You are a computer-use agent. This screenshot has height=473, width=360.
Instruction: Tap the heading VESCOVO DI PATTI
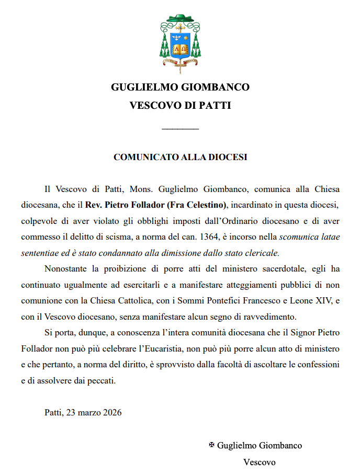pos(180,105)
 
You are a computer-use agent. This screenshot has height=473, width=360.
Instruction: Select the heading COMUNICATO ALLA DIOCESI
pos(180,157)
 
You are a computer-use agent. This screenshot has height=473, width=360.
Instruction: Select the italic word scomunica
pos(297,236)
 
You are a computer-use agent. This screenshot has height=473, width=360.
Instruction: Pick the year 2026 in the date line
pos(111,412)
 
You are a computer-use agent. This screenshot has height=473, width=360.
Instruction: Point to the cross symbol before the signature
pos(211,445)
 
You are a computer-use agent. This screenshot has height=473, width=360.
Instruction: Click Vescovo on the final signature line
pos(259,462)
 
